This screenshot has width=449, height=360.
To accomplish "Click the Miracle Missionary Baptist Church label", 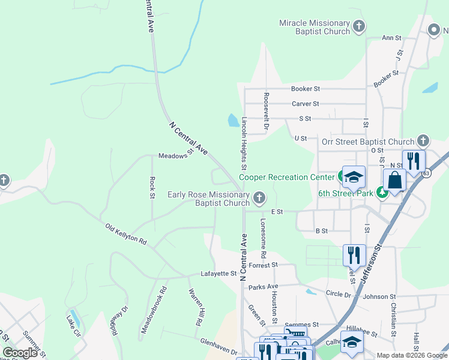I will pos(315,27).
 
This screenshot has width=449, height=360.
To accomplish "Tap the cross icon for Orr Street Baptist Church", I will pos(423,140).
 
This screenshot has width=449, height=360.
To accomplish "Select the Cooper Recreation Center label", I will pos(286,177).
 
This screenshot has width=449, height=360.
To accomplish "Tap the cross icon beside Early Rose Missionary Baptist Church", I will pos(259,197).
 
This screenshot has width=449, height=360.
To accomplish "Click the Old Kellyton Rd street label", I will pos(126,234).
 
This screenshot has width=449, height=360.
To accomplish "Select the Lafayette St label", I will pos(218,274).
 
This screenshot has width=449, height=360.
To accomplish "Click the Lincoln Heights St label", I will pos(244,143).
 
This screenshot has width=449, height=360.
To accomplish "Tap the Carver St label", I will pos(306,104).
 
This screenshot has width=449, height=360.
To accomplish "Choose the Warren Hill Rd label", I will pos(195,307).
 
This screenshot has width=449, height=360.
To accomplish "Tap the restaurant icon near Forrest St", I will pos(354,254).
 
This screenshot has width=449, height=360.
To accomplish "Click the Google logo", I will pos(20,353).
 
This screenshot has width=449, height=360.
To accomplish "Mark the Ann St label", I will pos(391,38).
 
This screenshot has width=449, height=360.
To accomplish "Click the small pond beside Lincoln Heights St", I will pos(233,121).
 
